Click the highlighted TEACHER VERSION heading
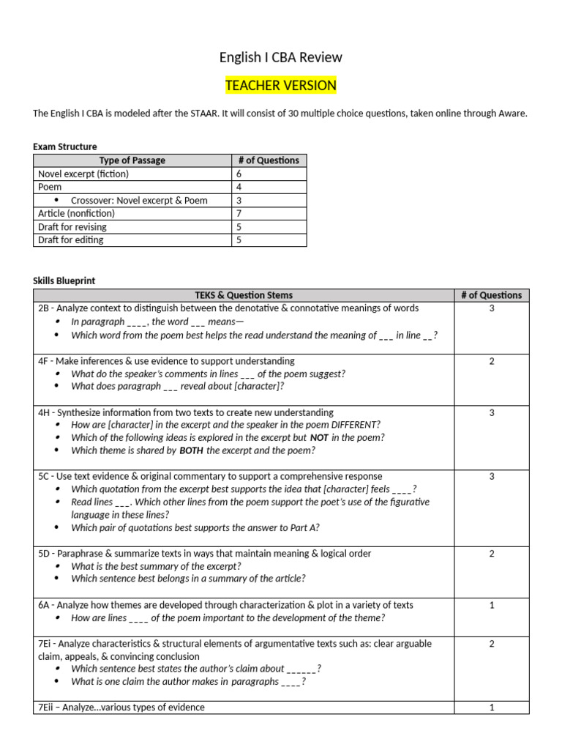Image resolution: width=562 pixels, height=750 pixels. pyautogui.click(x=281, y=86)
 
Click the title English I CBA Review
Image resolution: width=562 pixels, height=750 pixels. pyautogui.click(x=281, y=57)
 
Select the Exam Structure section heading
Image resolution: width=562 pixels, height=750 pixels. pyautogui.click(x=65, y=146)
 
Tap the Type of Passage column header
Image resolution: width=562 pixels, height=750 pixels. pyautogui.click(x=132, y=160)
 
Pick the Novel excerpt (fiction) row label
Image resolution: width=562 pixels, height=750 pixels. pyautogui.click(x=83, y=174)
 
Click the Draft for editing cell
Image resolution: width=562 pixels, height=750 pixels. pyautogui.click(x=71, y=240)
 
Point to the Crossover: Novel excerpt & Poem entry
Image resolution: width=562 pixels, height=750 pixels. pyautogui.click(x=139, y=200)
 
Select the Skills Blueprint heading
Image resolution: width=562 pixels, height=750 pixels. pyautogui.click(x=64, y=281)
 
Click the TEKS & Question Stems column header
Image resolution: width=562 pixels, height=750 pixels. pyautogui.click(x=244, y=295)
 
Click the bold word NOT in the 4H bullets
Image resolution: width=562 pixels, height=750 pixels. pyautogui.click(x=319, y=437)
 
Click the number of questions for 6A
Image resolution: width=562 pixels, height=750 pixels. pyautogui.click(x=492, y=605)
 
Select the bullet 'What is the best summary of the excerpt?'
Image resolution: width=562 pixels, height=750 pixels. pyautogui.click(x=156, y=566)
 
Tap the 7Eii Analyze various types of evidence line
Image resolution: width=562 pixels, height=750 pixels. pyautogui.click(x=121, y=707)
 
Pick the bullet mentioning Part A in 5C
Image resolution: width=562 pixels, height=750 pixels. pyautogui.click(x=195, y=527)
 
